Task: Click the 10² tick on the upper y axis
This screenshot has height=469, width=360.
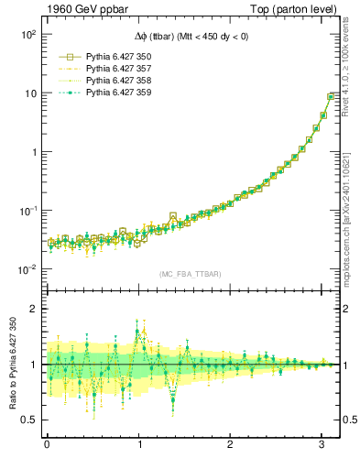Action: click(28, 35)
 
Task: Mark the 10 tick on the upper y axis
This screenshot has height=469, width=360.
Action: click(31, 93)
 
